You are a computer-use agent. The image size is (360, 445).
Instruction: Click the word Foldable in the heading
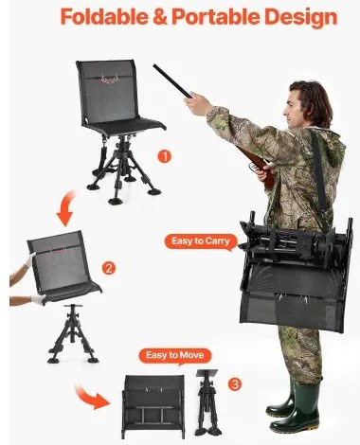point(104,16)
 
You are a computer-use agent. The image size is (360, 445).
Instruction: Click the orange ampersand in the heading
point(160,16)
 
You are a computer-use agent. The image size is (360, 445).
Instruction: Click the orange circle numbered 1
point(164,156)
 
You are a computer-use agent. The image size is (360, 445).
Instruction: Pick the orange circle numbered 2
point(109,268)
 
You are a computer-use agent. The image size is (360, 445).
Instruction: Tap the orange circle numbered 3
point(235,384)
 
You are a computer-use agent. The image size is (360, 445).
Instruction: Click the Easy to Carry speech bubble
point(201,241)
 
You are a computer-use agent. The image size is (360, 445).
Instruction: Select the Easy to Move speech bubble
point(174,356)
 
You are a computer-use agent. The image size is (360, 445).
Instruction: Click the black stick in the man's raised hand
point(172,81)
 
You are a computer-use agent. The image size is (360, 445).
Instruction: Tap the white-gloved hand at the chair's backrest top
point(30,259)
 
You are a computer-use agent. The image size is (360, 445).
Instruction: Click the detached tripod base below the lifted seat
point(73,334)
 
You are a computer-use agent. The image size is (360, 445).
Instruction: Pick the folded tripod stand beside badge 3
point(208,402)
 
